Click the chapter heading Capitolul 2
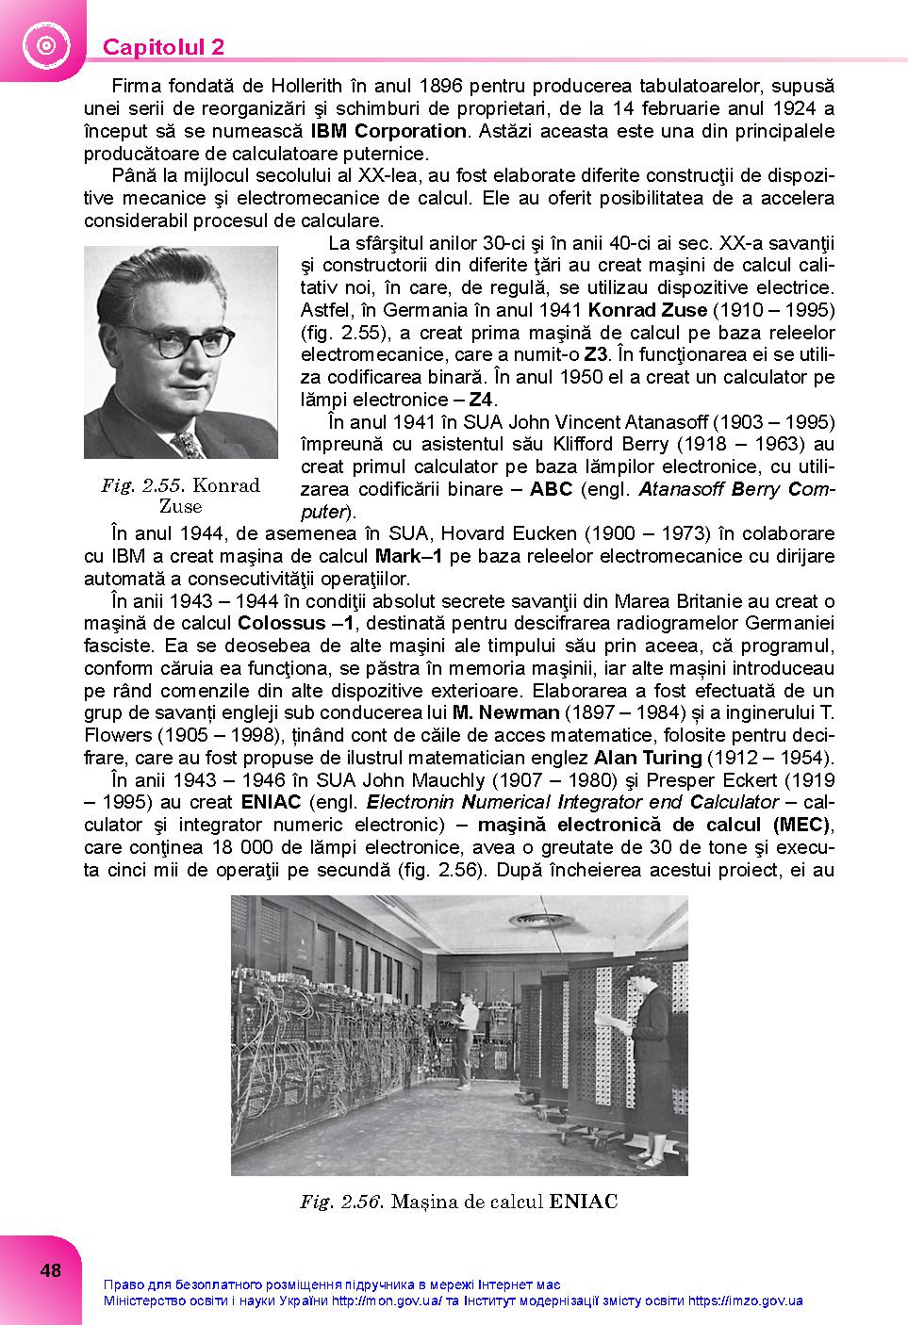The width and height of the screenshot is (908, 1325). click(x=163, y=47)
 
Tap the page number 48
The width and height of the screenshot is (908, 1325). click(x=51, y=1270)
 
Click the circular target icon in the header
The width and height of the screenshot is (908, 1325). click(x=42, y=44)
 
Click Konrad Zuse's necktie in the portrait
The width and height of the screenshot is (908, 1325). click(x=189, y=443)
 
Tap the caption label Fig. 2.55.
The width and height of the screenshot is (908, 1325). click(x=143, y=486)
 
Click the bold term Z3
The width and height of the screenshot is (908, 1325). click(x=595, y=355)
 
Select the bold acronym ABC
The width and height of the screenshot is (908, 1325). click(x=551, y=489)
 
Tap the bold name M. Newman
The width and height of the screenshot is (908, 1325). click(x=505, y=712)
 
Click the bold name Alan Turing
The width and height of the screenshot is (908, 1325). click(x=647, y=758)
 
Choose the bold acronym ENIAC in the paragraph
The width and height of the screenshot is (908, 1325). click(x=271, y=802)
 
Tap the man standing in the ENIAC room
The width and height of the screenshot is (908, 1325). click(x=466, y=1037)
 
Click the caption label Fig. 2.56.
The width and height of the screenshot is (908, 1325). click(x=340, y=1202)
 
